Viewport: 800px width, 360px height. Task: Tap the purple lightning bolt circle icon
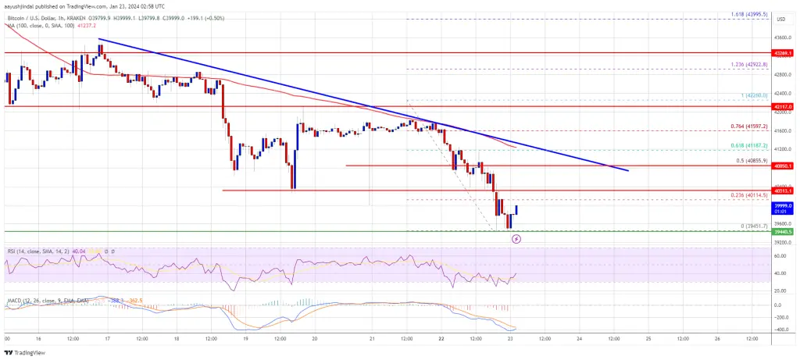tap(516, 239)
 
